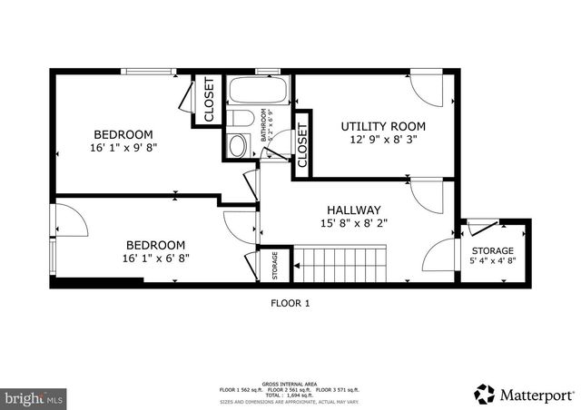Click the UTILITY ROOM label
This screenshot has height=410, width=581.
pos(383,125)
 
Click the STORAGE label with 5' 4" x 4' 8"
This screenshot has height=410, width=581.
pos(492,251)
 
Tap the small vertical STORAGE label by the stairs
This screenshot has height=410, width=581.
pos(275,265)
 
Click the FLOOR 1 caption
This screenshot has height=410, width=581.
pos(290,304)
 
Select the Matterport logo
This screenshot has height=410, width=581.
pos(524,395)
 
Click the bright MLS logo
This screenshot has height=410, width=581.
pos(34,397)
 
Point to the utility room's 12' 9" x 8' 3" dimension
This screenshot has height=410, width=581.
pos(383,140)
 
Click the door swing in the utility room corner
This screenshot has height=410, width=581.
pos(425,89)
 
